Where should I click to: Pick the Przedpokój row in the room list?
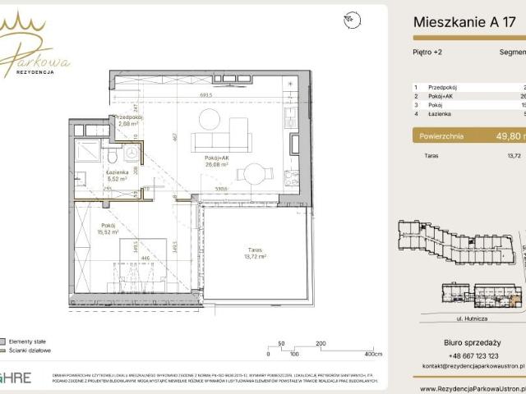coord(445,86)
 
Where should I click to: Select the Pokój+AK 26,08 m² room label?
coord(216,159)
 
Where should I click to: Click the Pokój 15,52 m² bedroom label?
coord(109,229)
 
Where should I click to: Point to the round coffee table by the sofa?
coord(210,120)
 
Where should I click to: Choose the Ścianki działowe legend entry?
coord(30,350)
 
